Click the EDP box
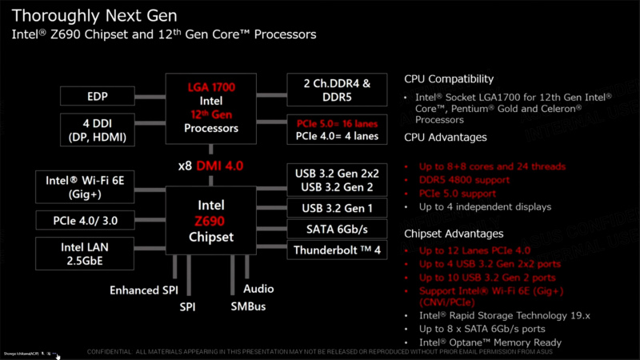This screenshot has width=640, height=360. pyautogui.click(x=98, y=97)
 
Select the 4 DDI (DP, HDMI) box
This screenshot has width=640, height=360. pyautogui.click(x=98, y=130)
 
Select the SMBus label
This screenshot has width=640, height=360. pyautogui.click(x=249, y=306)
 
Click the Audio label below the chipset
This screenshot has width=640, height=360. pyautogui.click(x=258, y=289)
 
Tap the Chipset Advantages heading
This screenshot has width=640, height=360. pyautogui.click(x=454, y=234)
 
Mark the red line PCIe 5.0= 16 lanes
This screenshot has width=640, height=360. pyautogui.click(x=337, y=123)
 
